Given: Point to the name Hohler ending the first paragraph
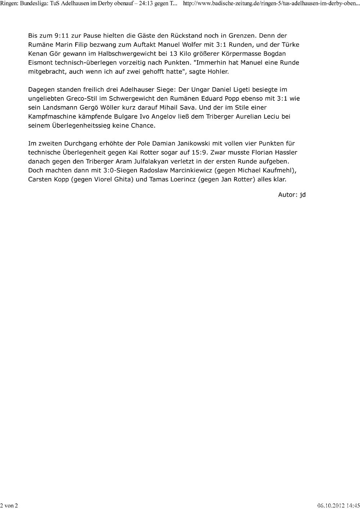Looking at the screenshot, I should click(217, 72).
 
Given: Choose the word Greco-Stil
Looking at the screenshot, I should click(82, 99).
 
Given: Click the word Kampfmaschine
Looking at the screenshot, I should click(52, 117).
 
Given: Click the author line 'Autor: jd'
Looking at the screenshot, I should click(292, 195).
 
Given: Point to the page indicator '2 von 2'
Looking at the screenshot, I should click(9, 505).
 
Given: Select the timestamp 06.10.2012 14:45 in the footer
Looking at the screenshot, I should click(338, 505).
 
